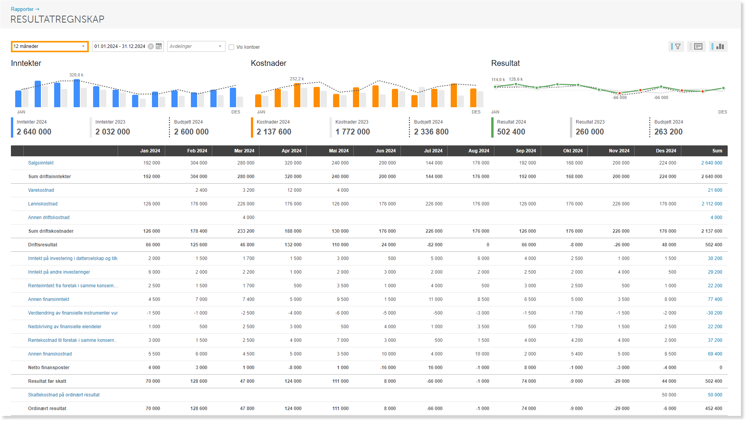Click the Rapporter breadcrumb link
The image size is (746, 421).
[22, 9]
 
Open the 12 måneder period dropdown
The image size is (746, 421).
[49, 46]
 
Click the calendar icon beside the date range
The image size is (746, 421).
[159, 46]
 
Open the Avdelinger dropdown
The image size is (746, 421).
[196, 46]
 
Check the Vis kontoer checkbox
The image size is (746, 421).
[231, 47]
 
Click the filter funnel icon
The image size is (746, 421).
[678, 46]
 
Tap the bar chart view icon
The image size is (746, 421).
[720, 46]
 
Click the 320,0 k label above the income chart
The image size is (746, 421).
[76, 75]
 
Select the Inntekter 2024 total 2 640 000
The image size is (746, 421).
[34, 132]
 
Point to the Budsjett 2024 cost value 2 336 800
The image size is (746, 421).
[431, 132]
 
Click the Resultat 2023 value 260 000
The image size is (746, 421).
[590, 132]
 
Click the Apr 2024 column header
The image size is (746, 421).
[291, 151]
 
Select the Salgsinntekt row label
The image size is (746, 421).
[41, 163]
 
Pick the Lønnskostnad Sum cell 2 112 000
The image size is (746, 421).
[712, 204]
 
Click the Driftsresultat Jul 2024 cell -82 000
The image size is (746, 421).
[434, 245]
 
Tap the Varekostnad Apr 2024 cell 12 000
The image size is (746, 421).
[295, 190]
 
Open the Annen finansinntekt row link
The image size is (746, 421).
[49, 299]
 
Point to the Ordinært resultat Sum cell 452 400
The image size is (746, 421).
[714, 409]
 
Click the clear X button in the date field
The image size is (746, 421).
[151, 46]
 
